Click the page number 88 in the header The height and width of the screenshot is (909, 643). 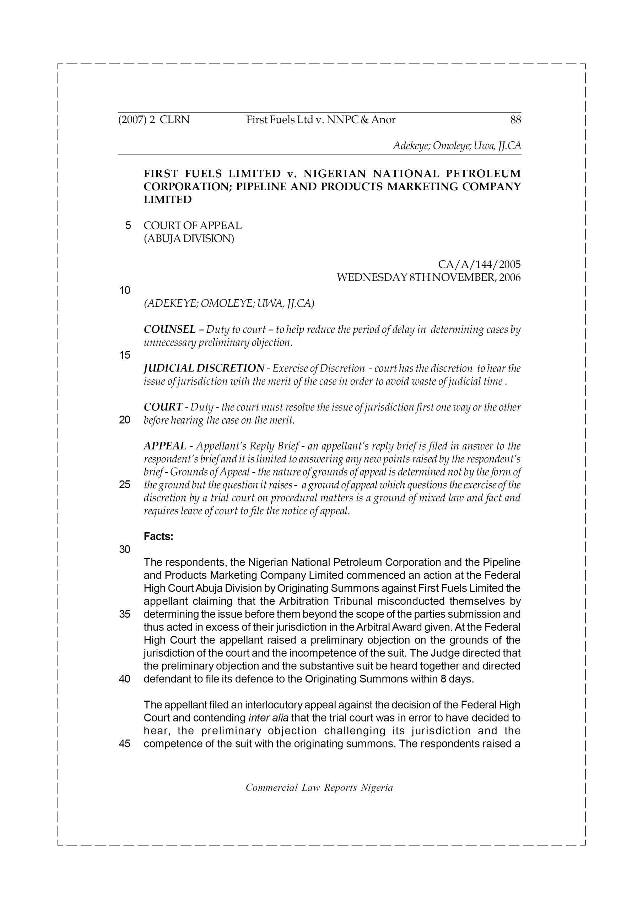pyautogui.click(x=515, y=120)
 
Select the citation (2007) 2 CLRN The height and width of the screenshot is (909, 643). pyautogui.click(x=154, y=120)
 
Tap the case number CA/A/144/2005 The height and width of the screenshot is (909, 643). pyautogui.click(x=479, y=264)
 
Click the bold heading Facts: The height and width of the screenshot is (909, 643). pyautogui.click(x=158, y=537)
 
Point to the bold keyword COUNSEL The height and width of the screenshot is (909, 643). pyautogui.click(x=169, y=329)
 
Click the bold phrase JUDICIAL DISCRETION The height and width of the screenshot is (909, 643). pyautogui.click(x=204, y=368)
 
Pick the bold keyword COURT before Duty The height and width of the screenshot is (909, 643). pyautogui.click(x=163, y=407)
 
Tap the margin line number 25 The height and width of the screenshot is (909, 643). pyautogui.click(x=125, y=485)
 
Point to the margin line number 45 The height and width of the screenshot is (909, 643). pyautogui.click(x=125, y=744)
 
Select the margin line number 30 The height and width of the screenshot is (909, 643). pyautogui.click(x=125, y=549)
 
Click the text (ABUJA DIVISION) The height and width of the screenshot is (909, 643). pyautogui.click(x=189, y=239)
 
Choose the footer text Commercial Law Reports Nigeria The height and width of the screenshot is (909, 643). pyautogui.click(x=319, y=788)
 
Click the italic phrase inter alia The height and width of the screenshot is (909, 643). pyautogui.click(x=268, y=718)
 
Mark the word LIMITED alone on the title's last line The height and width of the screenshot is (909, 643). pyautogui.click(x=168, y=200)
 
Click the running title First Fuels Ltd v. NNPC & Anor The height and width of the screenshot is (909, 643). pyautogui.click(x=321, y=120)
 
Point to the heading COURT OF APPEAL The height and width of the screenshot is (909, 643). pyautogui.click(x=193, y=226)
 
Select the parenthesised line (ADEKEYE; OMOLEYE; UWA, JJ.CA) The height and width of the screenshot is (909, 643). pyautogui.click(x=229, y=303)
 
